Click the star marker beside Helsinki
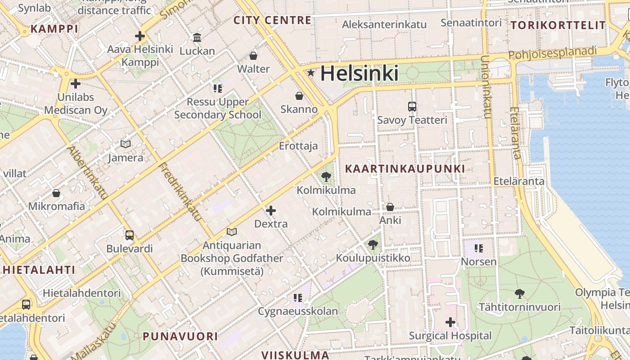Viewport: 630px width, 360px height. point(310,72)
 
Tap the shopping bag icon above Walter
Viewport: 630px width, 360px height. point(253,56)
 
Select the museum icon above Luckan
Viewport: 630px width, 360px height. point(197,37)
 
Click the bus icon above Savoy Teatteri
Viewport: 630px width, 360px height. point(412,107)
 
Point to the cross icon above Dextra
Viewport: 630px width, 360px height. point(271,210)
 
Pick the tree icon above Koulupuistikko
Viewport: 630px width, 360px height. point(373,245)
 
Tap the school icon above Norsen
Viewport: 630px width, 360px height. point(478,248)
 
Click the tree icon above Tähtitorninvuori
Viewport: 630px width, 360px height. point(520,294)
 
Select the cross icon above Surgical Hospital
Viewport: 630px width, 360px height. point(450,322)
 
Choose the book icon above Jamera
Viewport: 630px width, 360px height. point(126,144)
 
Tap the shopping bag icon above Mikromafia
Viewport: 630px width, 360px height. point(56,193)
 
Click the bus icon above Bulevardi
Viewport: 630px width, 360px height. point(130,235)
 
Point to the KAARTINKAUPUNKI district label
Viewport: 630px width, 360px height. point(405,169)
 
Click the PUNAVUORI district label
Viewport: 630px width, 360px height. point(180,336)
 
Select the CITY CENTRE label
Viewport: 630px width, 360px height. point(272,20)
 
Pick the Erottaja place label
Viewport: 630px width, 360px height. point(298,146)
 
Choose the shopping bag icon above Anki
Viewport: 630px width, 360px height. point(390,207)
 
